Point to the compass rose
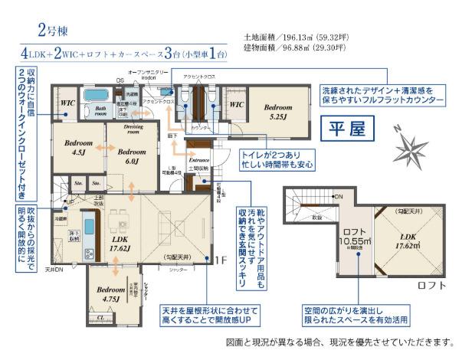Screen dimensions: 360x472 (x=415, y=142)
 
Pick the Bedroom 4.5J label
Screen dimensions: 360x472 (x=78, y=147)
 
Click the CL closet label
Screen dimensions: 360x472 (x=100, y=316)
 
